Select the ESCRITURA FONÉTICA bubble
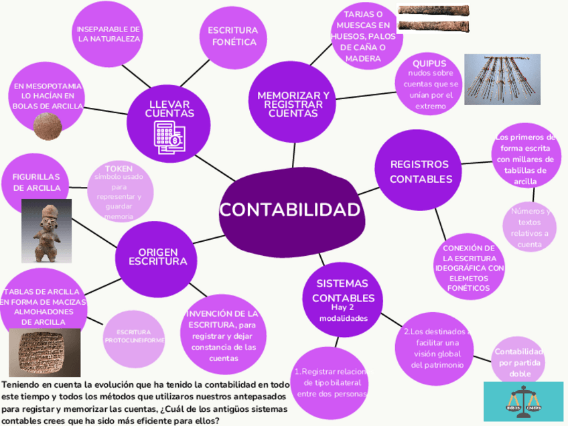[232, 37]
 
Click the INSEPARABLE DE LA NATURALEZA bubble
[109, 34]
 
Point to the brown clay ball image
[47, 126]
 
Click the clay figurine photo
[47, 230]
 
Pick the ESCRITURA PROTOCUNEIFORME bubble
[135, 337]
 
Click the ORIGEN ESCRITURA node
[157, 255]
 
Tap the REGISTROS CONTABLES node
[421, 171]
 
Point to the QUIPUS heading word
[429, 63]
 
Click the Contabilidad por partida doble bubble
[518, 362]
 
